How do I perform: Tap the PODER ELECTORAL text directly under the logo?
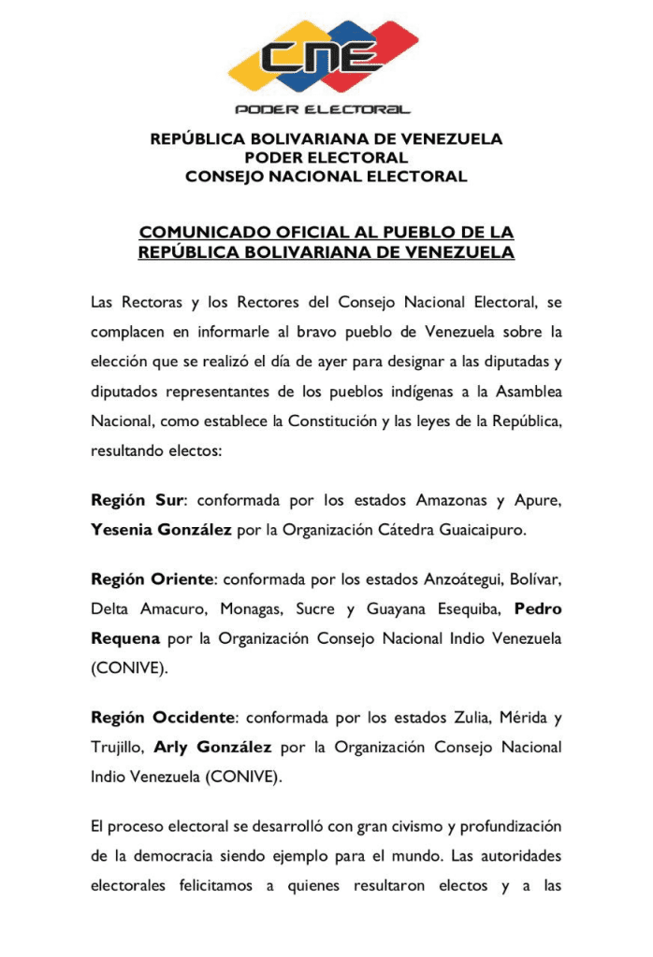[326, 109]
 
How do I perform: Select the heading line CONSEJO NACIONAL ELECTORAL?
[326, 177]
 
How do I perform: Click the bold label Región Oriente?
[152, 579]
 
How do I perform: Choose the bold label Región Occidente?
[162, 718]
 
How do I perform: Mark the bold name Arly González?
[212, 748]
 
